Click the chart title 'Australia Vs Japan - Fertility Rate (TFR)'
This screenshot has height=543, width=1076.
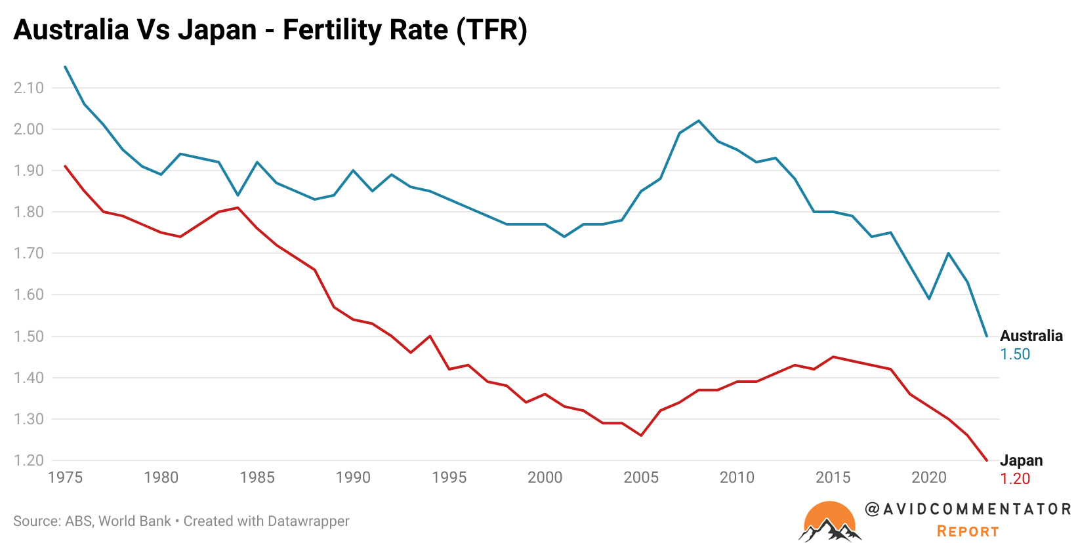[x=270, y=30]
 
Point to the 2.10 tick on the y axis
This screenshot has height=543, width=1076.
[x=28, y=88]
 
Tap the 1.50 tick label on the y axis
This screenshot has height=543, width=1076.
[x=28, y=336]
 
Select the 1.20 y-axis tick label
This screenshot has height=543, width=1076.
[x=28, y=460]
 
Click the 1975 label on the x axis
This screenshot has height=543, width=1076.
[x=65, y=477]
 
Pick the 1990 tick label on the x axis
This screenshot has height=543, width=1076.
[x=353, y=477]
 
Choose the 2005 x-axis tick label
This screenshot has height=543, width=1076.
[x=641, y=477]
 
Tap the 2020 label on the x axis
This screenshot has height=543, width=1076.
[x=929, y=477]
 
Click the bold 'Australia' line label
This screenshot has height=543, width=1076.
[x=1031, y=336]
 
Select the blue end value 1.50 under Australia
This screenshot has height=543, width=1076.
[x=1015, y=354]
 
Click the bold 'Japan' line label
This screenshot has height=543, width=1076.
[x=1021, y=460]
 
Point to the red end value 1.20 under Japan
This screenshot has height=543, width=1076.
[x=1015, y=479]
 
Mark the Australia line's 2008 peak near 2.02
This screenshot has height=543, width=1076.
[x=699, y=121]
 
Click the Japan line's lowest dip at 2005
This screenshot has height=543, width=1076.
[x=641, y=435]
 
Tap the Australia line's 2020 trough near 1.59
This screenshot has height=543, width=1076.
[x=929, y=298]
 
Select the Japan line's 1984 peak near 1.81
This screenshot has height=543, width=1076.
[x=238, y=208]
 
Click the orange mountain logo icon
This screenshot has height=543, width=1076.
[x=829, y=522]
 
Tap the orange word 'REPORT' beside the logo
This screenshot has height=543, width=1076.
[x=968, y=531]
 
